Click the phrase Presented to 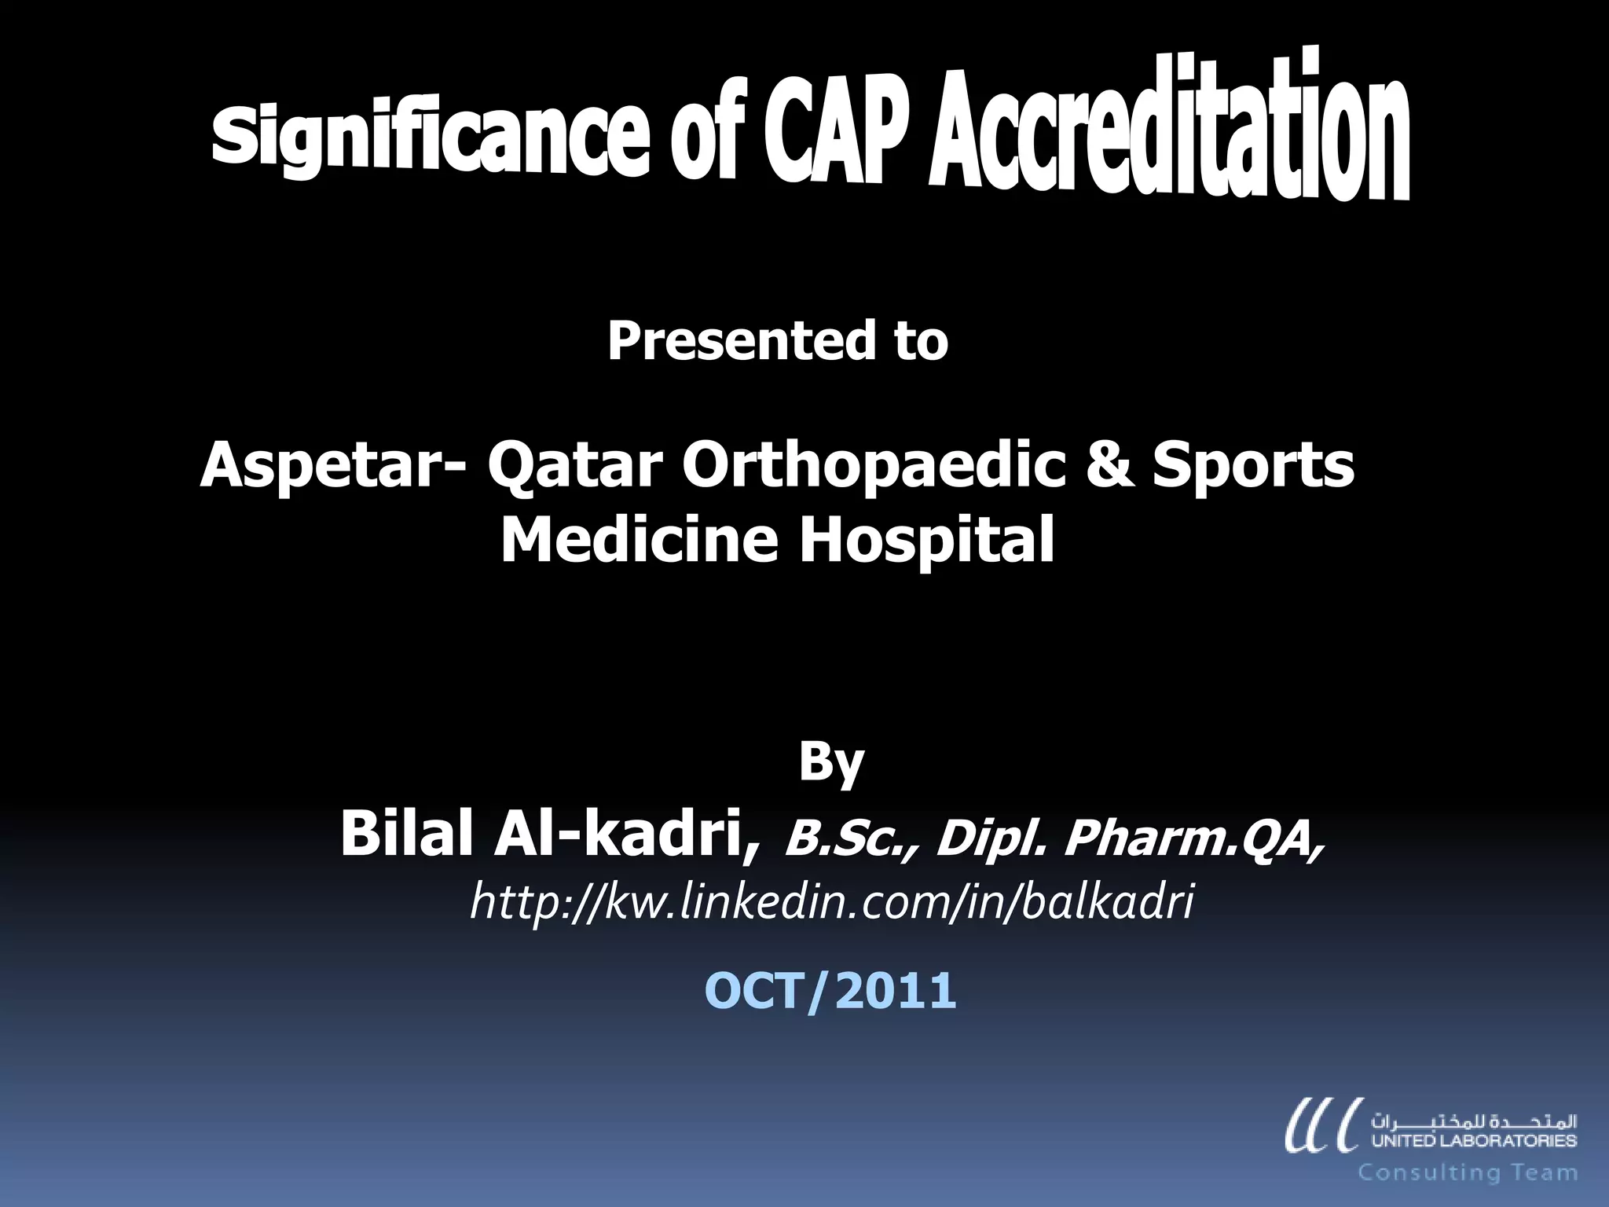coord(777,341)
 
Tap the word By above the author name coord(831,762)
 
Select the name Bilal coord(410,835)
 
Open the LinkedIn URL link coord(831,901)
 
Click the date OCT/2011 coord(830,990)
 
